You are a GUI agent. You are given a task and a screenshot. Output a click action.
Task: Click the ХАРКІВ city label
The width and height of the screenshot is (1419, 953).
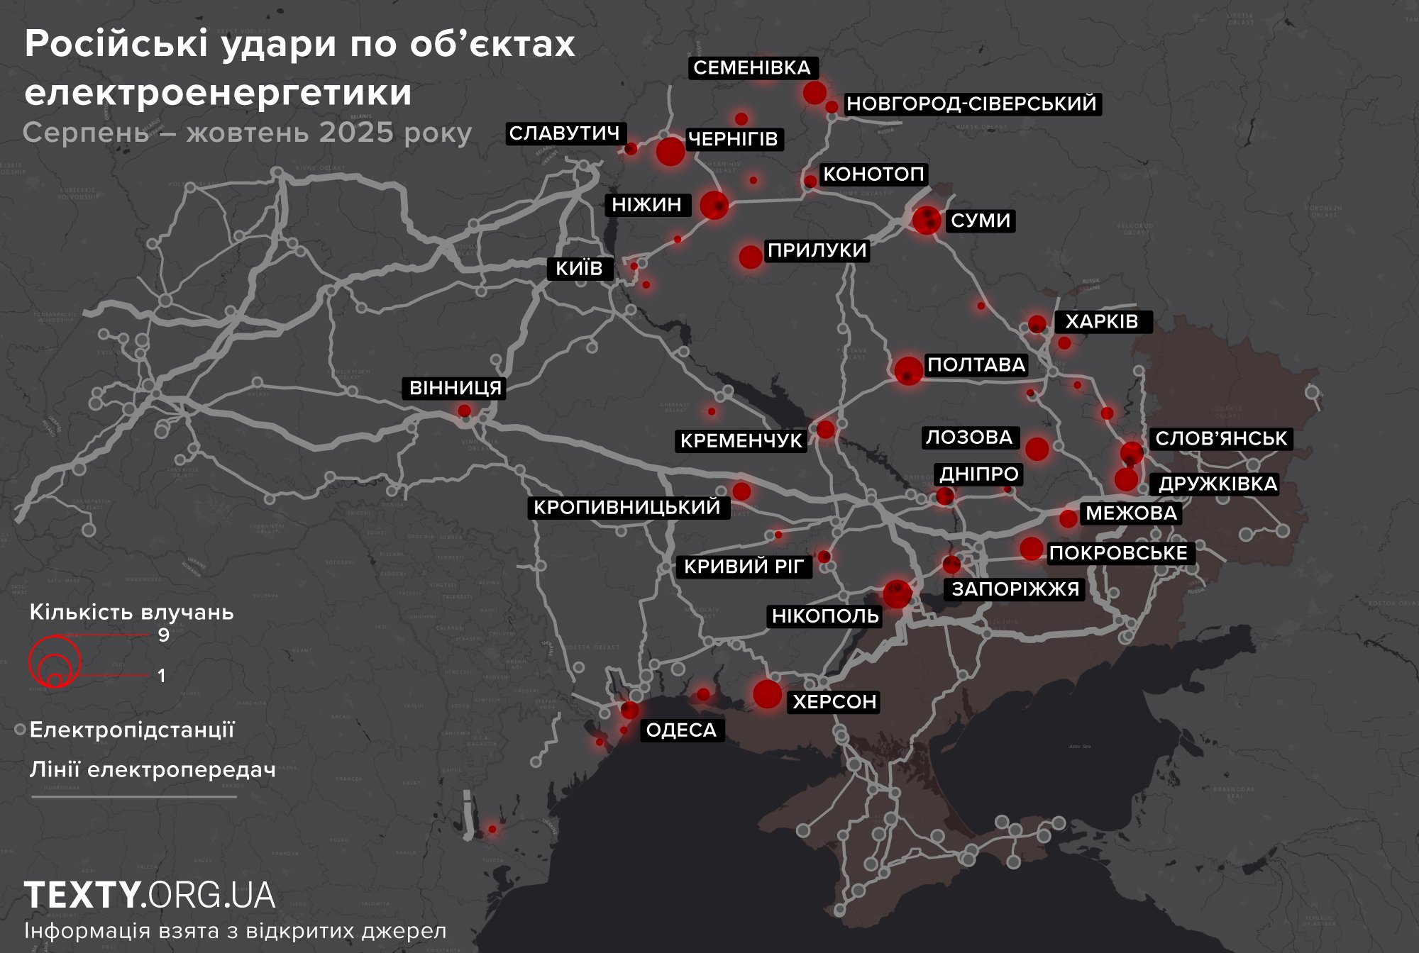click(1102, 321)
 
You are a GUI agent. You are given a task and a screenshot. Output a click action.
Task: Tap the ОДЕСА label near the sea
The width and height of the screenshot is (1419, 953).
click(681, 730)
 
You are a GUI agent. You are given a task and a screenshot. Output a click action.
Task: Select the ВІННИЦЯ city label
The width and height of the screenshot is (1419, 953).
click(455, 388)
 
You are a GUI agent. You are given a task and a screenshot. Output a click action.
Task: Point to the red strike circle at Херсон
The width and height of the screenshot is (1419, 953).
click(767, 693)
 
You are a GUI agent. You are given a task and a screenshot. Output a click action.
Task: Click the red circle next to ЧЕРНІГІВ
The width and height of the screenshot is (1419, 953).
click(670, 151)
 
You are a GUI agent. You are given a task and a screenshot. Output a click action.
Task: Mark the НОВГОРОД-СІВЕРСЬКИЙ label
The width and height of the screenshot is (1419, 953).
click(971, 104)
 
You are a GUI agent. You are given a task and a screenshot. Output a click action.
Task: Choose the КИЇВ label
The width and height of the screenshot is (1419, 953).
click(579, 268)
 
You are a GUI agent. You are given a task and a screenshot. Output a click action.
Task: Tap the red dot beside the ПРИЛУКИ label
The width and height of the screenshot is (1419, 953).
click(750, 257)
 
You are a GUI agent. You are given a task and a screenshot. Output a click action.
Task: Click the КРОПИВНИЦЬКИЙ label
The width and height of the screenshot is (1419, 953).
click(627, 507)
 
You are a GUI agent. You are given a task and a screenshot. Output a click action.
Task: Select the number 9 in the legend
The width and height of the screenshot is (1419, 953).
click(164, 635)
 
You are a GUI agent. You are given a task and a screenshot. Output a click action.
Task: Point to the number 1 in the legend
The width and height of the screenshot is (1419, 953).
click(162, 675)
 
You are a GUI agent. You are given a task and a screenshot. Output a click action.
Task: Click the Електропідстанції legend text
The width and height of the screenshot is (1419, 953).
click(132, 730)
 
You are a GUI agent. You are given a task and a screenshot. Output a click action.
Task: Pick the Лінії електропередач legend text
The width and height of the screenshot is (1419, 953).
click(153, 769)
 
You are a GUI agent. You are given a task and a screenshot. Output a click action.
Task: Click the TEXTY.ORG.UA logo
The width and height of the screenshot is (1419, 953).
click(150, 895)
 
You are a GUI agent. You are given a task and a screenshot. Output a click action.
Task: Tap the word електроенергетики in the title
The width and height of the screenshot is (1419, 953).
click(218, 92)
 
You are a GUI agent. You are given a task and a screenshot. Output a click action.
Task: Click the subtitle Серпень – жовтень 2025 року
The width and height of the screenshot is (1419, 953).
click(247, 133)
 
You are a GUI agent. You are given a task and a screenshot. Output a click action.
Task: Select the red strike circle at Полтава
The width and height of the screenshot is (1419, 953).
click(908, 370)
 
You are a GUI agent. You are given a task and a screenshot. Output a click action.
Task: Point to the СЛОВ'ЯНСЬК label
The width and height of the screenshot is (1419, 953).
click(1220, 438)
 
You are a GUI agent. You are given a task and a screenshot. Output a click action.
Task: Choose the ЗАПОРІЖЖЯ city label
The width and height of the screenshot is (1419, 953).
click(1015, 589)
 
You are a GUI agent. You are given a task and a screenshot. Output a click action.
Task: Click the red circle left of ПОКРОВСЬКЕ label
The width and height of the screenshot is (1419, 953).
click(1031, 548)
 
